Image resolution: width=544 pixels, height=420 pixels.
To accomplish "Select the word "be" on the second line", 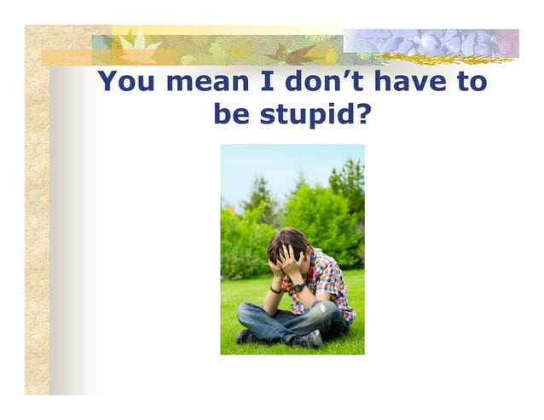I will click(230, 113).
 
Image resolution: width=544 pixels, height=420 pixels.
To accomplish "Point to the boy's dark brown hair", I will click(286, 244).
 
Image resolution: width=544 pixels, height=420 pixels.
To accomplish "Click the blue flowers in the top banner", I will click(426, 40).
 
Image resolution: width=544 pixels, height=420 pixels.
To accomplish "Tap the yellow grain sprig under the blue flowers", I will click(443, 59).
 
